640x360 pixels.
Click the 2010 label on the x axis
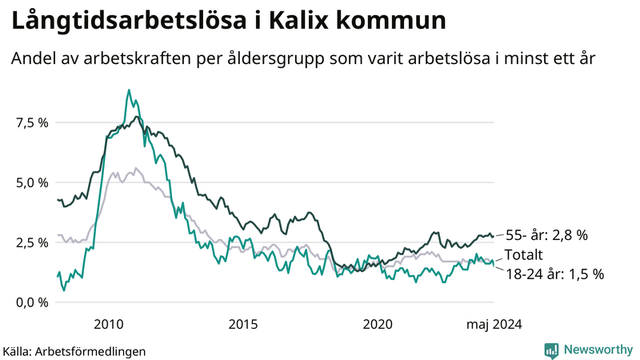108,325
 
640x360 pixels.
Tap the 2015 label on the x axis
243,325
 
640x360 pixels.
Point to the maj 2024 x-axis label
494,325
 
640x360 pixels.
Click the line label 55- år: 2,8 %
546,235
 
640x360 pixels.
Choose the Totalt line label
524,255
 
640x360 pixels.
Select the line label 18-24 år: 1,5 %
554,274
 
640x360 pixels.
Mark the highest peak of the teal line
129,90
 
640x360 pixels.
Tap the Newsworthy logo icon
551,350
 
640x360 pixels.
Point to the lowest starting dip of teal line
64,290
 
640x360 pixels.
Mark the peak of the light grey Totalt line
136,168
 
